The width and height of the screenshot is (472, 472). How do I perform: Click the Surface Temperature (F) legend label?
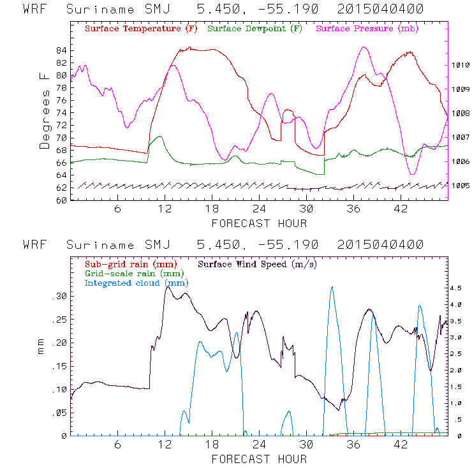(140, 29)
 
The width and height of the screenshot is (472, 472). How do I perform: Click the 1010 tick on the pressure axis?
(461, 65)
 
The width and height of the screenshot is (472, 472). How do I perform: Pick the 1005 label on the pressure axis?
(461, 186)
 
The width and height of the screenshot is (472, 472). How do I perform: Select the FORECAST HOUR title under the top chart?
(259, 223)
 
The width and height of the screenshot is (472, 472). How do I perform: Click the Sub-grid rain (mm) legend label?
(130, 263)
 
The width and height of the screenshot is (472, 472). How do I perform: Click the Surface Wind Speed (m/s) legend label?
(258, 263)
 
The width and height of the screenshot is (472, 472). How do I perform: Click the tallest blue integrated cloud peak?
(332, 288)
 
